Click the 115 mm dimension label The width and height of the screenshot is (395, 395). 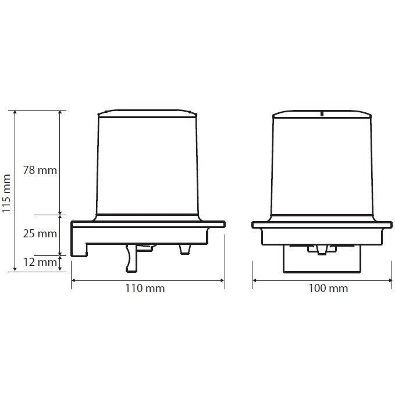[6, 194]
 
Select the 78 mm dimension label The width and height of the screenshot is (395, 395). [40, 170]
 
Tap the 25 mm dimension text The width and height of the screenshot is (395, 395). [40, 234]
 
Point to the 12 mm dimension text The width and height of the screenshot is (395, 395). [40, 262]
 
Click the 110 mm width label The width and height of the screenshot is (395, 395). [145, 288]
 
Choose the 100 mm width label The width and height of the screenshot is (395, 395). [328, 288]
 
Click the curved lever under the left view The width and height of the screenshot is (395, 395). [130, 258]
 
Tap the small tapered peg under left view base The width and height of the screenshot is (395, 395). [184, 249]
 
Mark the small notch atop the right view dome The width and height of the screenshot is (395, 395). [322, 113]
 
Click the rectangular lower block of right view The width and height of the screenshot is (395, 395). [322, 259]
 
